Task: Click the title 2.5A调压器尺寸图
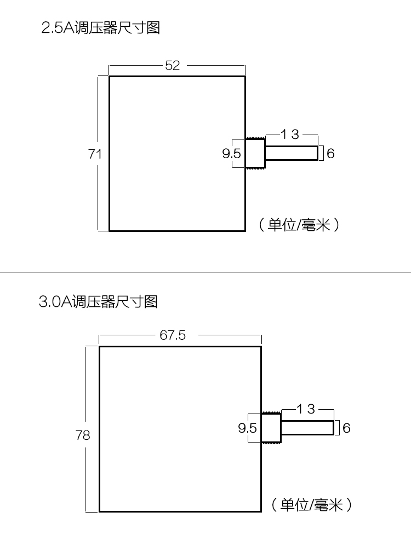[x=101, y=28]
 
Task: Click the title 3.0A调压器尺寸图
[x=98, y=301]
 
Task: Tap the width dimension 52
[x=172, y=66]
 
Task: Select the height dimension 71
[x=95, y=154]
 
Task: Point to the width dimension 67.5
[x=173, y=335]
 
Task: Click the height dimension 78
[x=83, y=435]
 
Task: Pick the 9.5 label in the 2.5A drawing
[x=231, y=154]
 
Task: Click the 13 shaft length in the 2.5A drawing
[x=290, y=135]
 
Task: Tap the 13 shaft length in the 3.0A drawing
[x=306, y=409]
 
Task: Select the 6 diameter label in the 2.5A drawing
[x=330, y=154]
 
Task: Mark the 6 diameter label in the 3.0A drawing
[x=346, y=428]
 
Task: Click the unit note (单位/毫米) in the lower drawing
[x=311, y=504]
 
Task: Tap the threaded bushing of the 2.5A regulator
[x=255, y=153]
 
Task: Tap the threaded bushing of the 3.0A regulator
[x=271, y=428]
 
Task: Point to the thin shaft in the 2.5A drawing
[x=291, y=153]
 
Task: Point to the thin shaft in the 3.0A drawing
[x=307, y=428]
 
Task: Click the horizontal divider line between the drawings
[x=206, y=272]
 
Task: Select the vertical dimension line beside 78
[x=86, y=383]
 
